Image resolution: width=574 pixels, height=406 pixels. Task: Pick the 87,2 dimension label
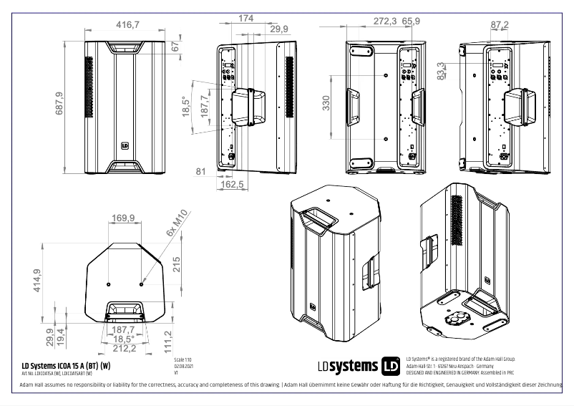[x=499, y=25]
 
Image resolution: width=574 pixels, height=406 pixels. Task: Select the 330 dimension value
[x=326, y=105]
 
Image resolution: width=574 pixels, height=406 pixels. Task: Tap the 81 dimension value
[x=200, y=172]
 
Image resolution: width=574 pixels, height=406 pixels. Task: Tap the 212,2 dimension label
[x=125, y=348]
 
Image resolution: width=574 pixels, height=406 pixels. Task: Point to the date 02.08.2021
[x=183, y=365]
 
